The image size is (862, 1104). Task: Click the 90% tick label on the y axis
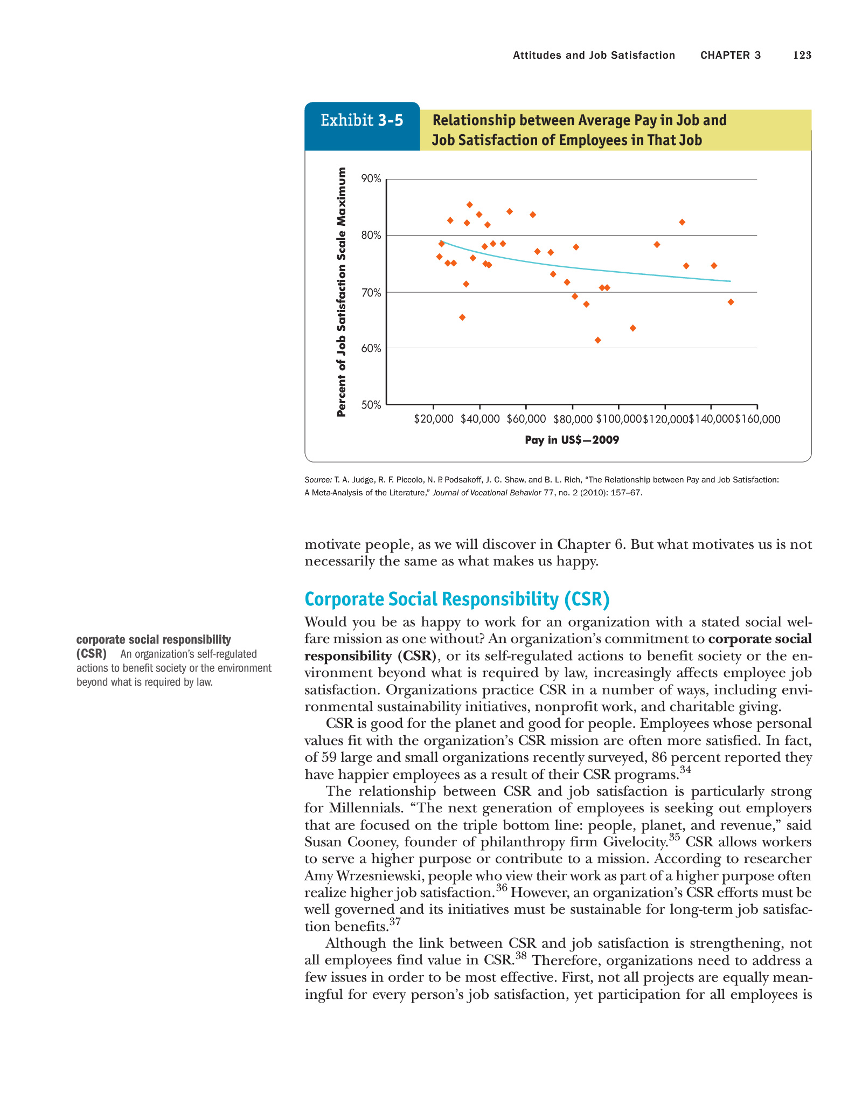point(371,178)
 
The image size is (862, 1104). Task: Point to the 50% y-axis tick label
point(371,405)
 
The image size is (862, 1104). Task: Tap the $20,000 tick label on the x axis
point(433,419)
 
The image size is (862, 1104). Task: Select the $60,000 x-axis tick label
point(526,419)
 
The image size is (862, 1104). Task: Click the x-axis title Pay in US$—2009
point(572,440)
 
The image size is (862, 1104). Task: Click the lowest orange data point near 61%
point(597,340)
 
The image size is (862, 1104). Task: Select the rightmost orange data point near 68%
point(731,302)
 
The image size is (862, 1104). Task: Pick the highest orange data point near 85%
point(469,205)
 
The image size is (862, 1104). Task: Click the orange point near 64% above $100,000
point(632,328)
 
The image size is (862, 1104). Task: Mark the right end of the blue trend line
point(730,281)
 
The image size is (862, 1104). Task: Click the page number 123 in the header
point(802,55)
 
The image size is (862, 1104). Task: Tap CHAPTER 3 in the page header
point(731,55)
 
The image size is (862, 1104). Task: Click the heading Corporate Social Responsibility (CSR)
point(457,599)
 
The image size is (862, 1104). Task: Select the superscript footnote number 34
point(685,769)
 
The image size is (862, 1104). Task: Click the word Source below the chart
point(318,480)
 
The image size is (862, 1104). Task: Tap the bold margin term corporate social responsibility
point(154,639)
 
